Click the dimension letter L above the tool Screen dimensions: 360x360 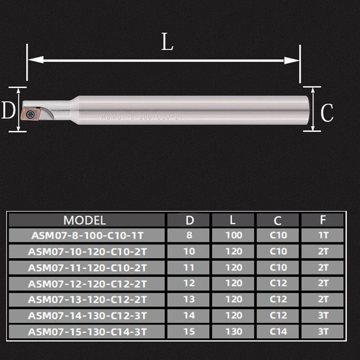click(167, 42)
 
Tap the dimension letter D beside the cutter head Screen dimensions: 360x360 click(9, 110)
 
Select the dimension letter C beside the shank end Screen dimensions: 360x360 click(327, 113)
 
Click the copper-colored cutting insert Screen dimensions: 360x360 click(30, 113)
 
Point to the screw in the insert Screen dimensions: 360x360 click(29, 114)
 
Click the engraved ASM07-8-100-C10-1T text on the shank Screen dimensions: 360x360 click(142, 116)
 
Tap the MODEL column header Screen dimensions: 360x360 click(85, 220)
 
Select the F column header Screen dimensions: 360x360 click(323, 220)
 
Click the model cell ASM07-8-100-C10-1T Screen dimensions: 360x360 click(87, 235)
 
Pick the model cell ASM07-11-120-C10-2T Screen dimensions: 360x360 click(87, 268)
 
